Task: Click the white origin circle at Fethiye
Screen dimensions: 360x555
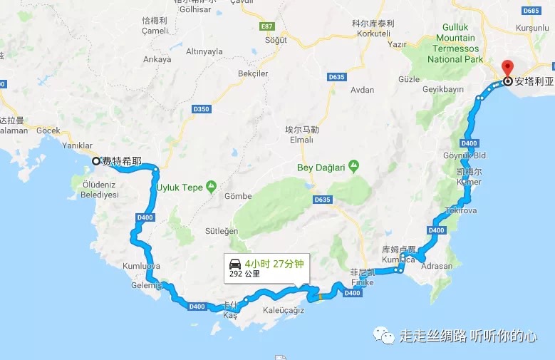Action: (x=96, y=161)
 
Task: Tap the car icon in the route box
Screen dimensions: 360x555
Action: (x=235, y=262)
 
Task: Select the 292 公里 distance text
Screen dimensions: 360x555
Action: (x=245, y=274)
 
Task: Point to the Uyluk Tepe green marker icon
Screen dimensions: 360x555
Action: (x=211, y=187)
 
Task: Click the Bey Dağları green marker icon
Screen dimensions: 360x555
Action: (x=354, y=166)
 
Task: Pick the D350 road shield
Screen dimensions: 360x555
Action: (x=202, y=109)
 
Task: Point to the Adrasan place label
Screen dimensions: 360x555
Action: (x=437, y=266)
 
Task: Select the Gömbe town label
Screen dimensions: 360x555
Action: (x=238, y=196)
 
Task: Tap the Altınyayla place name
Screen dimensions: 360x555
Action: (x=204, y=51)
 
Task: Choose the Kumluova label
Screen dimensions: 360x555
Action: (x=142, y=266)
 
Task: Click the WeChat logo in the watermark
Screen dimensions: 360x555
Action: (x=385, y=335)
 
